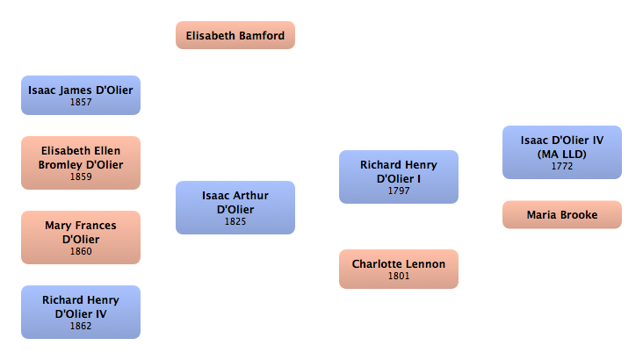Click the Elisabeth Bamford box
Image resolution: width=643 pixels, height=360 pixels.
[235, 35]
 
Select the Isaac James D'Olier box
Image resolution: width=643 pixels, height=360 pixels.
[81, 95]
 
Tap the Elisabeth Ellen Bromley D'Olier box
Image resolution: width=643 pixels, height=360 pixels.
[81, 162]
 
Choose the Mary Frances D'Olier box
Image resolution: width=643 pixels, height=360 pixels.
[81, 237]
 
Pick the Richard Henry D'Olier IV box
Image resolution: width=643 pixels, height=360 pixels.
[81, 312]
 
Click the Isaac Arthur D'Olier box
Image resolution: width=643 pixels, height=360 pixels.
[235, 207]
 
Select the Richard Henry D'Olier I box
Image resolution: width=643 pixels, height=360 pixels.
[399, 176]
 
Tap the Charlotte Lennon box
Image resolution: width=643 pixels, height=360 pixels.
[399, 269]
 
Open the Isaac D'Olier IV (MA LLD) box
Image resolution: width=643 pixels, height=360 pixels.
[562, 152]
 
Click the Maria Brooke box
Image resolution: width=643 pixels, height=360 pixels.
[562, 214]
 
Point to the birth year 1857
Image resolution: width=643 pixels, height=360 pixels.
[81, 103]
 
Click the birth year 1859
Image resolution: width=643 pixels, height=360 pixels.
[81, 177]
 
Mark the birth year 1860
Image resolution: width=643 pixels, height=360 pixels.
[81, 252]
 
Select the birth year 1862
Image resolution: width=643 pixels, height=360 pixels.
[81, 327]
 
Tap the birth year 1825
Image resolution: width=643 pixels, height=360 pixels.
[235, 222]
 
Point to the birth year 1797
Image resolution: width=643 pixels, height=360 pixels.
[399, 191]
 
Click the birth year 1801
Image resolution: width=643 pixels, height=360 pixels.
[399, 277]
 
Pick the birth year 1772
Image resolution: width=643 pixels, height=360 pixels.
[562, 166]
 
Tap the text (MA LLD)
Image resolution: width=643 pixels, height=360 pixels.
[562, 154]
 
